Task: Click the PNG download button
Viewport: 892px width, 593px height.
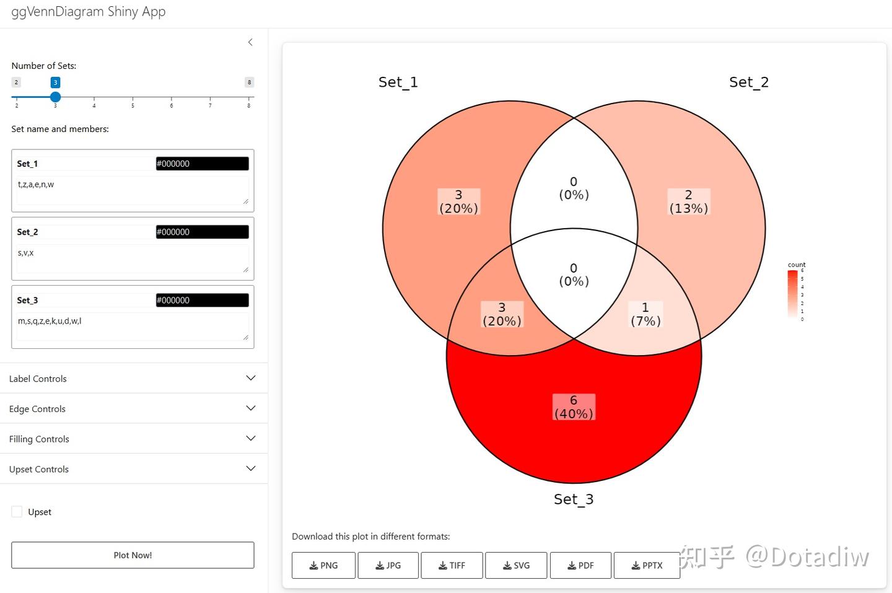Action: coord(323,565)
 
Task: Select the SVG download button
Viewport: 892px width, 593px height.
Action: coord(516,565)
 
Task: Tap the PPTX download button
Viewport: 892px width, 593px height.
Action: coord(647,565)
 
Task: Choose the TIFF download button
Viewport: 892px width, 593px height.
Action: coord(452,565)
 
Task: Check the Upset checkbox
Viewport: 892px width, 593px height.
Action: coord(17,512)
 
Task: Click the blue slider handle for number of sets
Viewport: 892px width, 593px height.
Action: coord(55,97)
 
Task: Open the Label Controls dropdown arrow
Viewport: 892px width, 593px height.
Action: coord(250,378)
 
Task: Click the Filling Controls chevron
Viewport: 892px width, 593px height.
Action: coord(250,438)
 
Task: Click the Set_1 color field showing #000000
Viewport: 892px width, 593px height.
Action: coord(202,164)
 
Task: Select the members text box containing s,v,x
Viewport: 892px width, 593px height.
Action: coord(133,258)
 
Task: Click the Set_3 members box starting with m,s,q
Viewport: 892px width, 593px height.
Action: coord(133,326)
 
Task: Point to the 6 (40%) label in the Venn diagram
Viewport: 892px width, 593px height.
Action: coord(574,407)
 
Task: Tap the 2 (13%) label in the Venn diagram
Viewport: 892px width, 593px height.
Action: coord(688,201)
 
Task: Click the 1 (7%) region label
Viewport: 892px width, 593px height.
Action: coord(645,314)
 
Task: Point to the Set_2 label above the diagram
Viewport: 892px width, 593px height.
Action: coord(748,82)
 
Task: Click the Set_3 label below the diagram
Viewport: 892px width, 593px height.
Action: coord(573,499)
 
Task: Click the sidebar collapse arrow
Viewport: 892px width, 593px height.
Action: coord(250,42)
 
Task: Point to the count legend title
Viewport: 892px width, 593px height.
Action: coord(796,265)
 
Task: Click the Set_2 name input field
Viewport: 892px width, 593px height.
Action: coord(84,232)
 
